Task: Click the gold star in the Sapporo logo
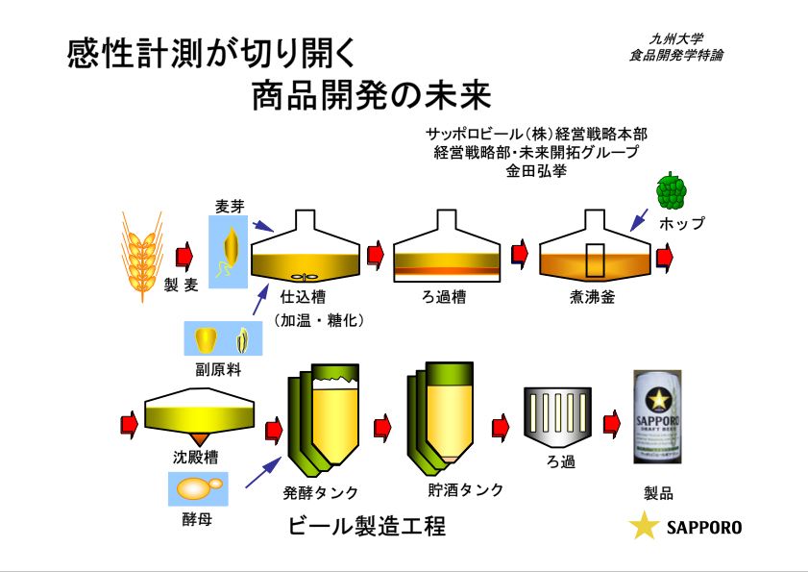pos(643,527)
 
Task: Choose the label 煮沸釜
pos(592,297)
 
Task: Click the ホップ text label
pos(682,223)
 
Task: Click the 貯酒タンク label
pos(465,489)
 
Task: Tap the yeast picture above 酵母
pos(199,488)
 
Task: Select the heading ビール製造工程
pos(366,528)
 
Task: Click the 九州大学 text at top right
pos(675,39)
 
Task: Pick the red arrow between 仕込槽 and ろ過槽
pos(376,254)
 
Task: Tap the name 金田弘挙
pos(536,172)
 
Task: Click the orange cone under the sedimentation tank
pos(203,437)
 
